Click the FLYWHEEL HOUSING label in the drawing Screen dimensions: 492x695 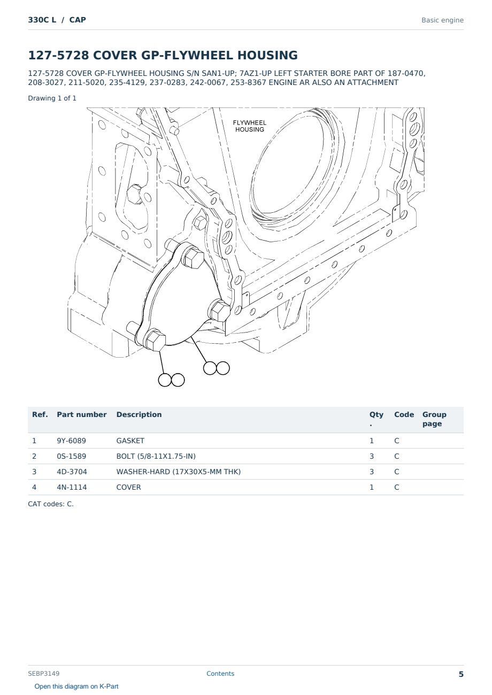point(250,126)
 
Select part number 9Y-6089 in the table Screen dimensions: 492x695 point(71,441)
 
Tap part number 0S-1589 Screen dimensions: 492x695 point(71,456)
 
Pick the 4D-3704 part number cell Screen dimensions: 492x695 point(72,472)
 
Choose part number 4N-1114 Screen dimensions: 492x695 point(72,487)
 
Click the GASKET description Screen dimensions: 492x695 point(130,441)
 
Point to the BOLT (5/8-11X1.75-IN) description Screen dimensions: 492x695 point(156,456)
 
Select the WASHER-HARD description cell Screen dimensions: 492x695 point(179,472)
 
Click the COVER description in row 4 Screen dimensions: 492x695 point(128,487)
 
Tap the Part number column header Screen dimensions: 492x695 point(82,414)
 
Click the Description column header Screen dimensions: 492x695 point(139,414)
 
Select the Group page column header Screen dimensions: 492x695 point(434,419)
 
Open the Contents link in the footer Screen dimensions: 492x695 point(220,674)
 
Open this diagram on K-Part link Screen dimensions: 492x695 point(76,686)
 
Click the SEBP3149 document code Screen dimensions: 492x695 point(44,674)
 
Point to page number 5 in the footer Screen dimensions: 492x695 point(461,674)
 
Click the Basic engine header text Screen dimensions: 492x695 point(442,20)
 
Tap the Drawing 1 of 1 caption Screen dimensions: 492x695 point(52,98)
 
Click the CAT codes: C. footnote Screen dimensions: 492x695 point(51,504)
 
